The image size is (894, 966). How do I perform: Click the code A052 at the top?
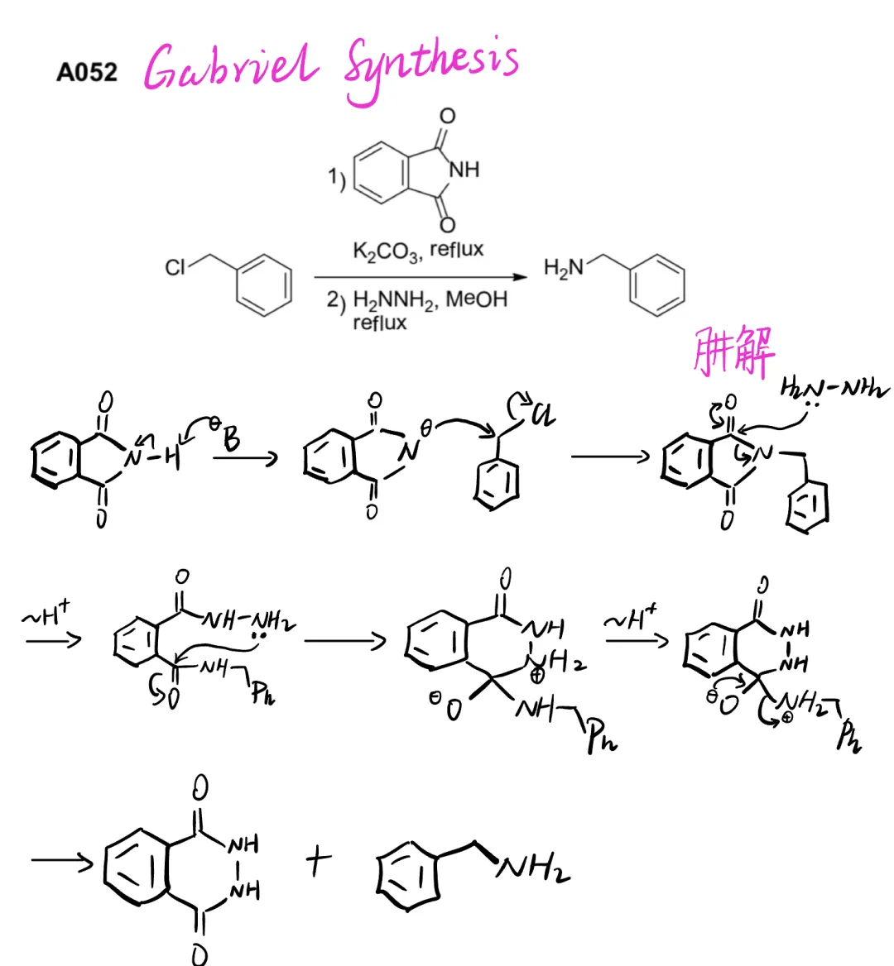point(87,73)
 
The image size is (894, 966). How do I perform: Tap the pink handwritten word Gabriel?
point(230,66)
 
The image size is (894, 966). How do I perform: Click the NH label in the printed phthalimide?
point(464,170)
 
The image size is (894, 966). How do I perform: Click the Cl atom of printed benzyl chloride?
point(175,267)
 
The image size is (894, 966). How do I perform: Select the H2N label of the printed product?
point(563,268)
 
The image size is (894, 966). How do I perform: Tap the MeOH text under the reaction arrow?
point(476,299)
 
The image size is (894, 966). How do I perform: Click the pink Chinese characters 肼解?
point(733,353)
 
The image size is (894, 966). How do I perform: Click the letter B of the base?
point(231,439)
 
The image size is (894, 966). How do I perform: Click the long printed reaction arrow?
point(421,278)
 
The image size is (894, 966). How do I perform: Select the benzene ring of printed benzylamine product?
point(657,285)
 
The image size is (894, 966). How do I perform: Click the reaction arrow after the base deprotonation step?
point(246,457)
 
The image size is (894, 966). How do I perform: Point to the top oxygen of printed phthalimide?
point(447,116)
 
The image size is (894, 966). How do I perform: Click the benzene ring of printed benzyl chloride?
point(264,285)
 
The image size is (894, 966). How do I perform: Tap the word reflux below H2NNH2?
point(379,323)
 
